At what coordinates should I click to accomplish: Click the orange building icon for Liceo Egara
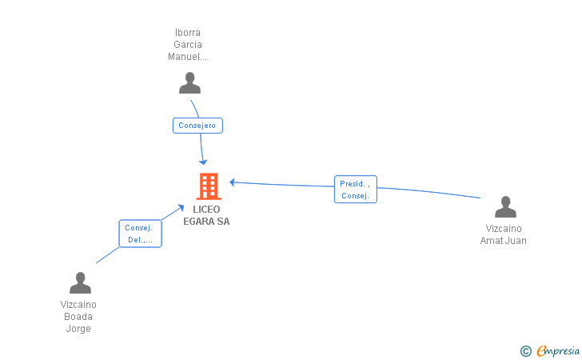click(209, 186)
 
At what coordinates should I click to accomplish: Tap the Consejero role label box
click(197, 126)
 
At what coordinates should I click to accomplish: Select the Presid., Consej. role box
click(356, 190)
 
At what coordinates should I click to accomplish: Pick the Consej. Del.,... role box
click(141, 234)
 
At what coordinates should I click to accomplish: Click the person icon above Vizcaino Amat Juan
click(505, 207)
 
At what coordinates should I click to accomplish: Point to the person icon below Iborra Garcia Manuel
click(189, 83)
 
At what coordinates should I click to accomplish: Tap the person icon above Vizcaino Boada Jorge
click(80, 282)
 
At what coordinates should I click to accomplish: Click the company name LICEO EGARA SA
click(206, 215)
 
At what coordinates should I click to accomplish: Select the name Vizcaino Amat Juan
click(504, 234)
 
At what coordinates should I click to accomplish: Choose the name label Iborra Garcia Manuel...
click(187, 45)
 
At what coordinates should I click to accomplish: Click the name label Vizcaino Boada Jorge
click(78, 317)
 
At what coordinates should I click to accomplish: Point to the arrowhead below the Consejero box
click(203, 162)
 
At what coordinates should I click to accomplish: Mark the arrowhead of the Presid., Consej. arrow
click(233, 182)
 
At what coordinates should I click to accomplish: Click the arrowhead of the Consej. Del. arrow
click(181, 207)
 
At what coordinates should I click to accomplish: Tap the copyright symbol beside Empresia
click(525, 351)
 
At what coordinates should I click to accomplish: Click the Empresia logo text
click(558, 351)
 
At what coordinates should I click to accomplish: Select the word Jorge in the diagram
click(78, 329)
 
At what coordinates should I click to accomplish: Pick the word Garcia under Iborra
click(188, 45)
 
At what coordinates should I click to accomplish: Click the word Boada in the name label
click(78, 317)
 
